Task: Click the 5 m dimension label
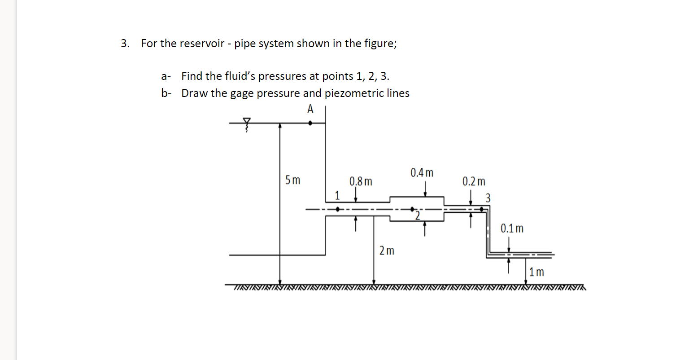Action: point(292,181)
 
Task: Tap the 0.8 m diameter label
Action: point(361,182)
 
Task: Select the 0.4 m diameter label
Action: point(422,173)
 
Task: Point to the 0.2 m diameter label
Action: point(474,182)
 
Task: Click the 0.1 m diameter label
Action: point(512,228)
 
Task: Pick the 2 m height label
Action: point(387,250)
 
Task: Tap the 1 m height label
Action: point(536,272)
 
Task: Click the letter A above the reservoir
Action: point(310,109)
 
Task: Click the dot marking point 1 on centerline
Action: point(338,209)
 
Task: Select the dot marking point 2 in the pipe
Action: point(412,209)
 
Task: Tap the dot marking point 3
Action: point(482,209)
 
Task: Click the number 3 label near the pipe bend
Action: point(488,198)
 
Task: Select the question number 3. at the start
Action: point(125,44)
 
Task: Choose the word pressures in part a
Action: point(282,76)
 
